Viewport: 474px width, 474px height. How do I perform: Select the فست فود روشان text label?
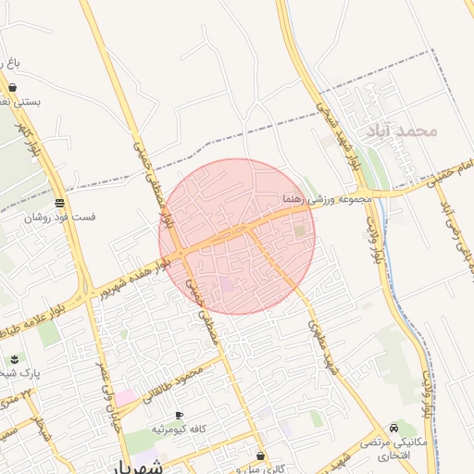[x=59, y=217]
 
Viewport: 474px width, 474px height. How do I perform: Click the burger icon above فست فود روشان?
[x=59, y=203]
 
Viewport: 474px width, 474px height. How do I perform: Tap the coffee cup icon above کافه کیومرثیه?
[x=178, y=415]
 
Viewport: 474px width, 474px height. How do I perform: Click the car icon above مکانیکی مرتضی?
[x=396, y=428]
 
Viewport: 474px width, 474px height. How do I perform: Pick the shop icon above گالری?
[x=261, y=455]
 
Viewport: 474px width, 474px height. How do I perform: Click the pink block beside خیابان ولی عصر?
[x=125, y=397]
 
